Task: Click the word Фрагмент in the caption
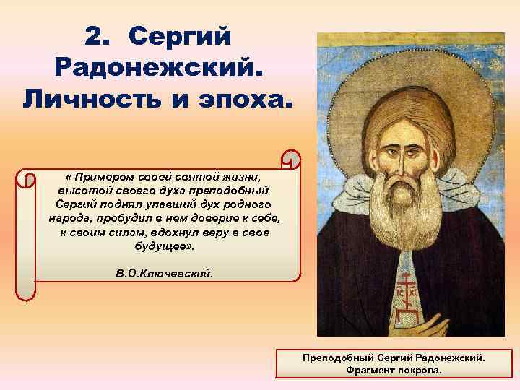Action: [368, 369]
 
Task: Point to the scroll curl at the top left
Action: [26, 180]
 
